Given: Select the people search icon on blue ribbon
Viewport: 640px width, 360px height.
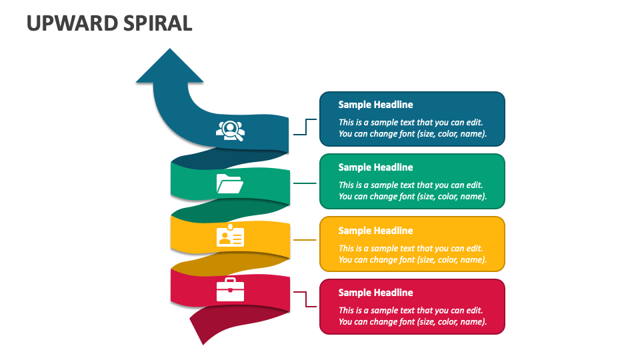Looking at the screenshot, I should coord(230,129).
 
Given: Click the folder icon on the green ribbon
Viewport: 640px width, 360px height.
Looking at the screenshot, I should coord(230,183).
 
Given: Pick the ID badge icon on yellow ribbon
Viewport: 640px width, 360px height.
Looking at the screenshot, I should coord(230,236).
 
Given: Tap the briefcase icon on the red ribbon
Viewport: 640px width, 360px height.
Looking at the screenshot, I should coord(230,290).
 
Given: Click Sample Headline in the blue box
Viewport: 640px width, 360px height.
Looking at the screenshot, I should coord(375,105).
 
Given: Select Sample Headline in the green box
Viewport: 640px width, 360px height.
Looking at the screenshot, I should coord(375,167).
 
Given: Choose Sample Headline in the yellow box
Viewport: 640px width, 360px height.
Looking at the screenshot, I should coord(375,231).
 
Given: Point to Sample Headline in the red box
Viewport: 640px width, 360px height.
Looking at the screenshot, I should coord(375,293).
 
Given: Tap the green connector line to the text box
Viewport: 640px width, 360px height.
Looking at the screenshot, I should coord(305,183).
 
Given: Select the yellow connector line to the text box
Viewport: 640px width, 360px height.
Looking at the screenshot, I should coord(305,239).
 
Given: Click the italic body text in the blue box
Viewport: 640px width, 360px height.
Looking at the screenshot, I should coord(412,128).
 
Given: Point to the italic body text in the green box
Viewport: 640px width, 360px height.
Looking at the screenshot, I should coord(412,191).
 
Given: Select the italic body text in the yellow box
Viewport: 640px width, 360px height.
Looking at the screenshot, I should coord(412,254).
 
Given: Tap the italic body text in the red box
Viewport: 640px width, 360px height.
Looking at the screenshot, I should coord(412,316).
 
